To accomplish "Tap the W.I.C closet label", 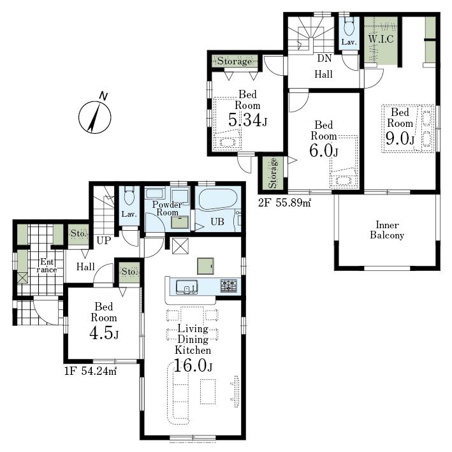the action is click(381, 39).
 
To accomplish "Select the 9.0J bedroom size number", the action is click(400, 138).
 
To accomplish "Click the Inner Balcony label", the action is click(387, 230).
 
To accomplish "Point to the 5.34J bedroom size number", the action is click(247, 120).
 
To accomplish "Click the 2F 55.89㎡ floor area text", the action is click(284, 203).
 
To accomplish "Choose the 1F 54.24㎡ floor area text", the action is click(90, 370).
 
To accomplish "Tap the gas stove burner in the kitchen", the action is click(229, 286).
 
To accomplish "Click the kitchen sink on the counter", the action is click(187, 287).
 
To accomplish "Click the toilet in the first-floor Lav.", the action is click(129, 196).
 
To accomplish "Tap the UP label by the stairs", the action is click(104, 240).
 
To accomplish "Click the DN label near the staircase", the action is click(324, 58).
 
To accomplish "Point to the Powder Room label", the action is click(167, 208).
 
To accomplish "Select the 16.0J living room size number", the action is click(193, 365).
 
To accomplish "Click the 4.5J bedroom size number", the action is click(104, 333).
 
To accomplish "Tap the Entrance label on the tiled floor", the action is click(47, 265).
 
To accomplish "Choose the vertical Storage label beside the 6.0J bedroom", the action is click(273, 173).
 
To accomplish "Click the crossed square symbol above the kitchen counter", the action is click(180, 246).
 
